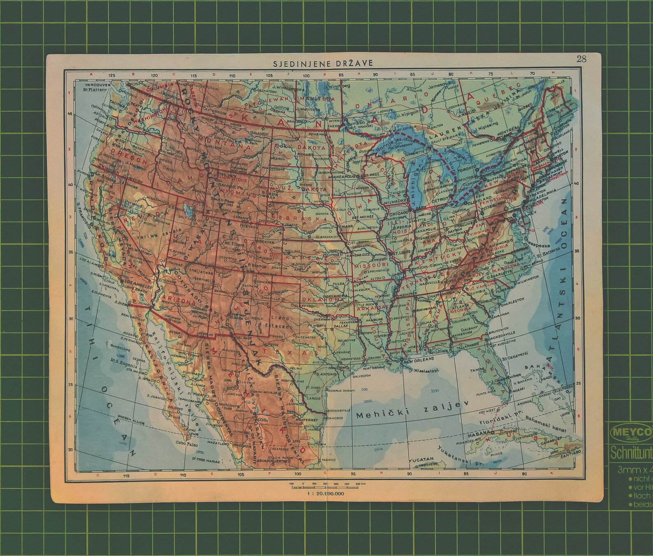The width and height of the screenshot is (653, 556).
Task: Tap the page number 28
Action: (581, 59)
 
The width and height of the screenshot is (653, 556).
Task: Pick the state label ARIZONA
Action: (178, 301)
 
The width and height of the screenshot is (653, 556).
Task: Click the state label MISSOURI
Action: (370, 265)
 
